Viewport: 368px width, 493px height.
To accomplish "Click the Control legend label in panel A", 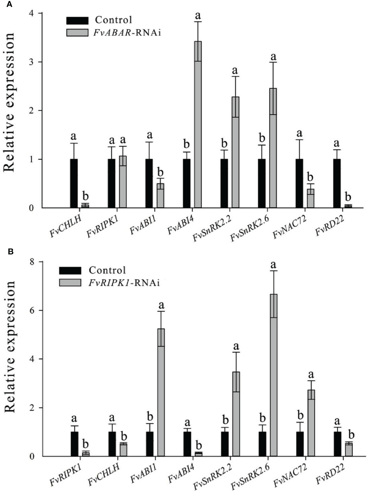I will point(113,20).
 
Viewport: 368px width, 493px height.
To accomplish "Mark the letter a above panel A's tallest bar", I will point(198,15).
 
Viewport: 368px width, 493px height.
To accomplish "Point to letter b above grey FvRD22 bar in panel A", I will point(348,197).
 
